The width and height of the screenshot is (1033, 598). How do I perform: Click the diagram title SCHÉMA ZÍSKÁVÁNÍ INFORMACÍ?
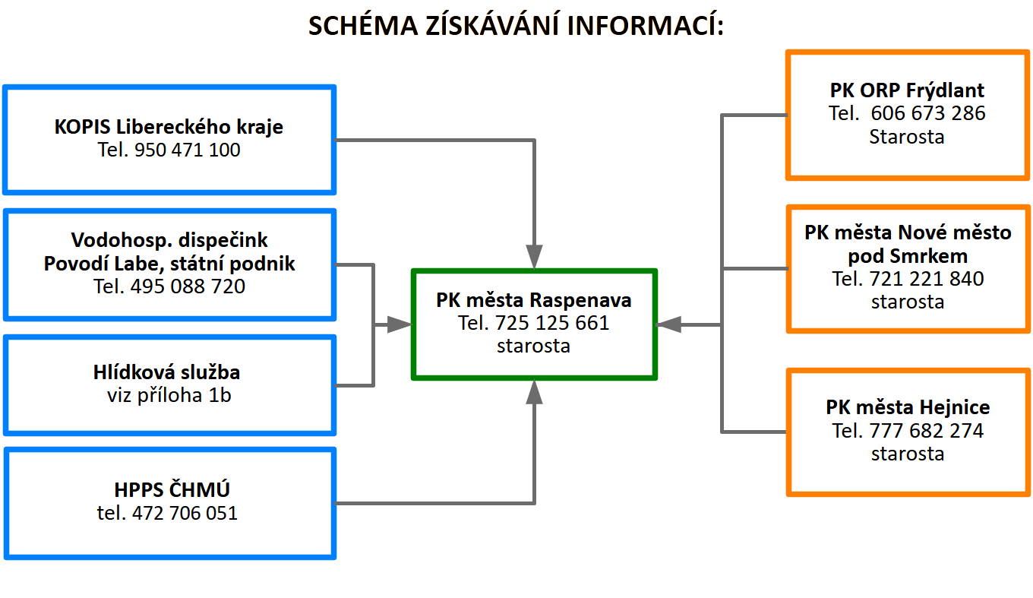point(516,26)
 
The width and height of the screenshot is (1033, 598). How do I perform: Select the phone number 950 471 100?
point(187,150)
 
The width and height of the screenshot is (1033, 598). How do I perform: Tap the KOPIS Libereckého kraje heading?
point(169,126)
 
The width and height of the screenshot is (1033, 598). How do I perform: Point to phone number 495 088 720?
point(188,286)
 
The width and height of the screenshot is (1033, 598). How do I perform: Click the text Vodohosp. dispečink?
point(169,240)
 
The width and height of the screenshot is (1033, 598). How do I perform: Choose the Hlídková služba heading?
point(167,372)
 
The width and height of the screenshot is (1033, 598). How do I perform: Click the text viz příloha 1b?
point(169,395)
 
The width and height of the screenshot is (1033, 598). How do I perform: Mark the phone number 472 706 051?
point(185,513)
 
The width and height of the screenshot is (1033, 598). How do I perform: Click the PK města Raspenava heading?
point(534,299)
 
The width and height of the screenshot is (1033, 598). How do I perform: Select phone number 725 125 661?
point(551,323)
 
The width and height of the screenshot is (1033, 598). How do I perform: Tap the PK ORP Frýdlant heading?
point(907,90)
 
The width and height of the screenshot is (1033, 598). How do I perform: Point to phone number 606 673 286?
point(927,114)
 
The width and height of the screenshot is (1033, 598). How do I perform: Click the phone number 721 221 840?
point(927,279)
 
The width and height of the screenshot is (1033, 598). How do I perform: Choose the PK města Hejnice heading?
point(908,407)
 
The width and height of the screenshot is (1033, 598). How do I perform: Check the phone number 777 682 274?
point(927,431)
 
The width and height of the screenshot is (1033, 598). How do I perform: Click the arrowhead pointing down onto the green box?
point(535,256)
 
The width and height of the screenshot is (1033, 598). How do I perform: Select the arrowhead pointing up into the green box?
point(535,393)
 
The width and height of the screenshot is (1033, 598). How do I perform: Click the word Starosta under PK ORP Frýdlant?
point(907,137)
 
